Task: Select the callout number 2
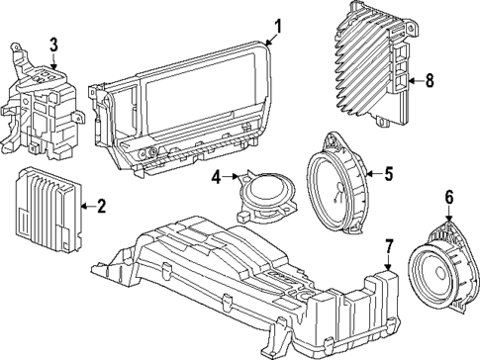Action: tap(101, 206)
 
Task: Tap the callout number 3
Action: tap(54, 44)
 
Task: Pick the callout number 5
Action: tap(388, 174)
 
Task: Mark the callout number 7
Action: tap(389, 244)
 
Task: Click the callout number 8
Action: tap(429, 82)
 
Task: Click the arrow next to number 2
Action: tap(85, 206)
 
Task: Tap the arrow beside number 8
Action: tap(413, 82)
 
